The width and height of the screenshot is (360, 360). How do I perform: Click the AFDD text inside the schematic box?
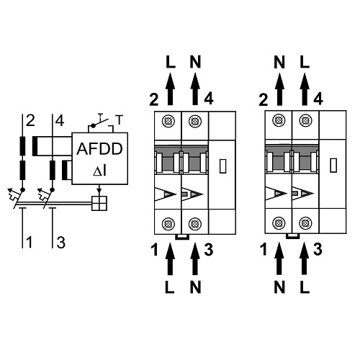(99, 149)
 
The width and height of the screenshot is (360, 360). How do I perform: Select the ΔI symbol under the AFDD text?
(99, 171)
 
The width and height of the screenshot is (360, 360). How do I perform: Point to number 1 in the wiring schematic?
(30, 242)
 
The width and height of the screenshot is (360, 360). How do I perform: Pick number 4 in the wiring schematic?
(59, 120)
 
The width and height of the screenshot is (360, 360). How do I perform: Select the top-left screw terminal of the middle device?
(170, 120)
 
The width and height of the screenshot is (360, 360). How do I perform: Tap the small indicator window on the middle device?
(220, 166)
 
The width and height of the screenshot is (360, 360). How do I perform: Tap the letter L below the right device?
(305, 286)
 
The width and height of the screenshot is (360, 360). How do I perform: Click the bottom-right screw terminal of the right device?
(304, 222)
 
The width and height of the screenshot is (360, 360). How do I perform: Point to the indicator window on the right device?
(332, 166)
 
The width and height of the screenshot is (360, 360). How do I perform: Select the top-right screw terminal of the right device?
(304, 120)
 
